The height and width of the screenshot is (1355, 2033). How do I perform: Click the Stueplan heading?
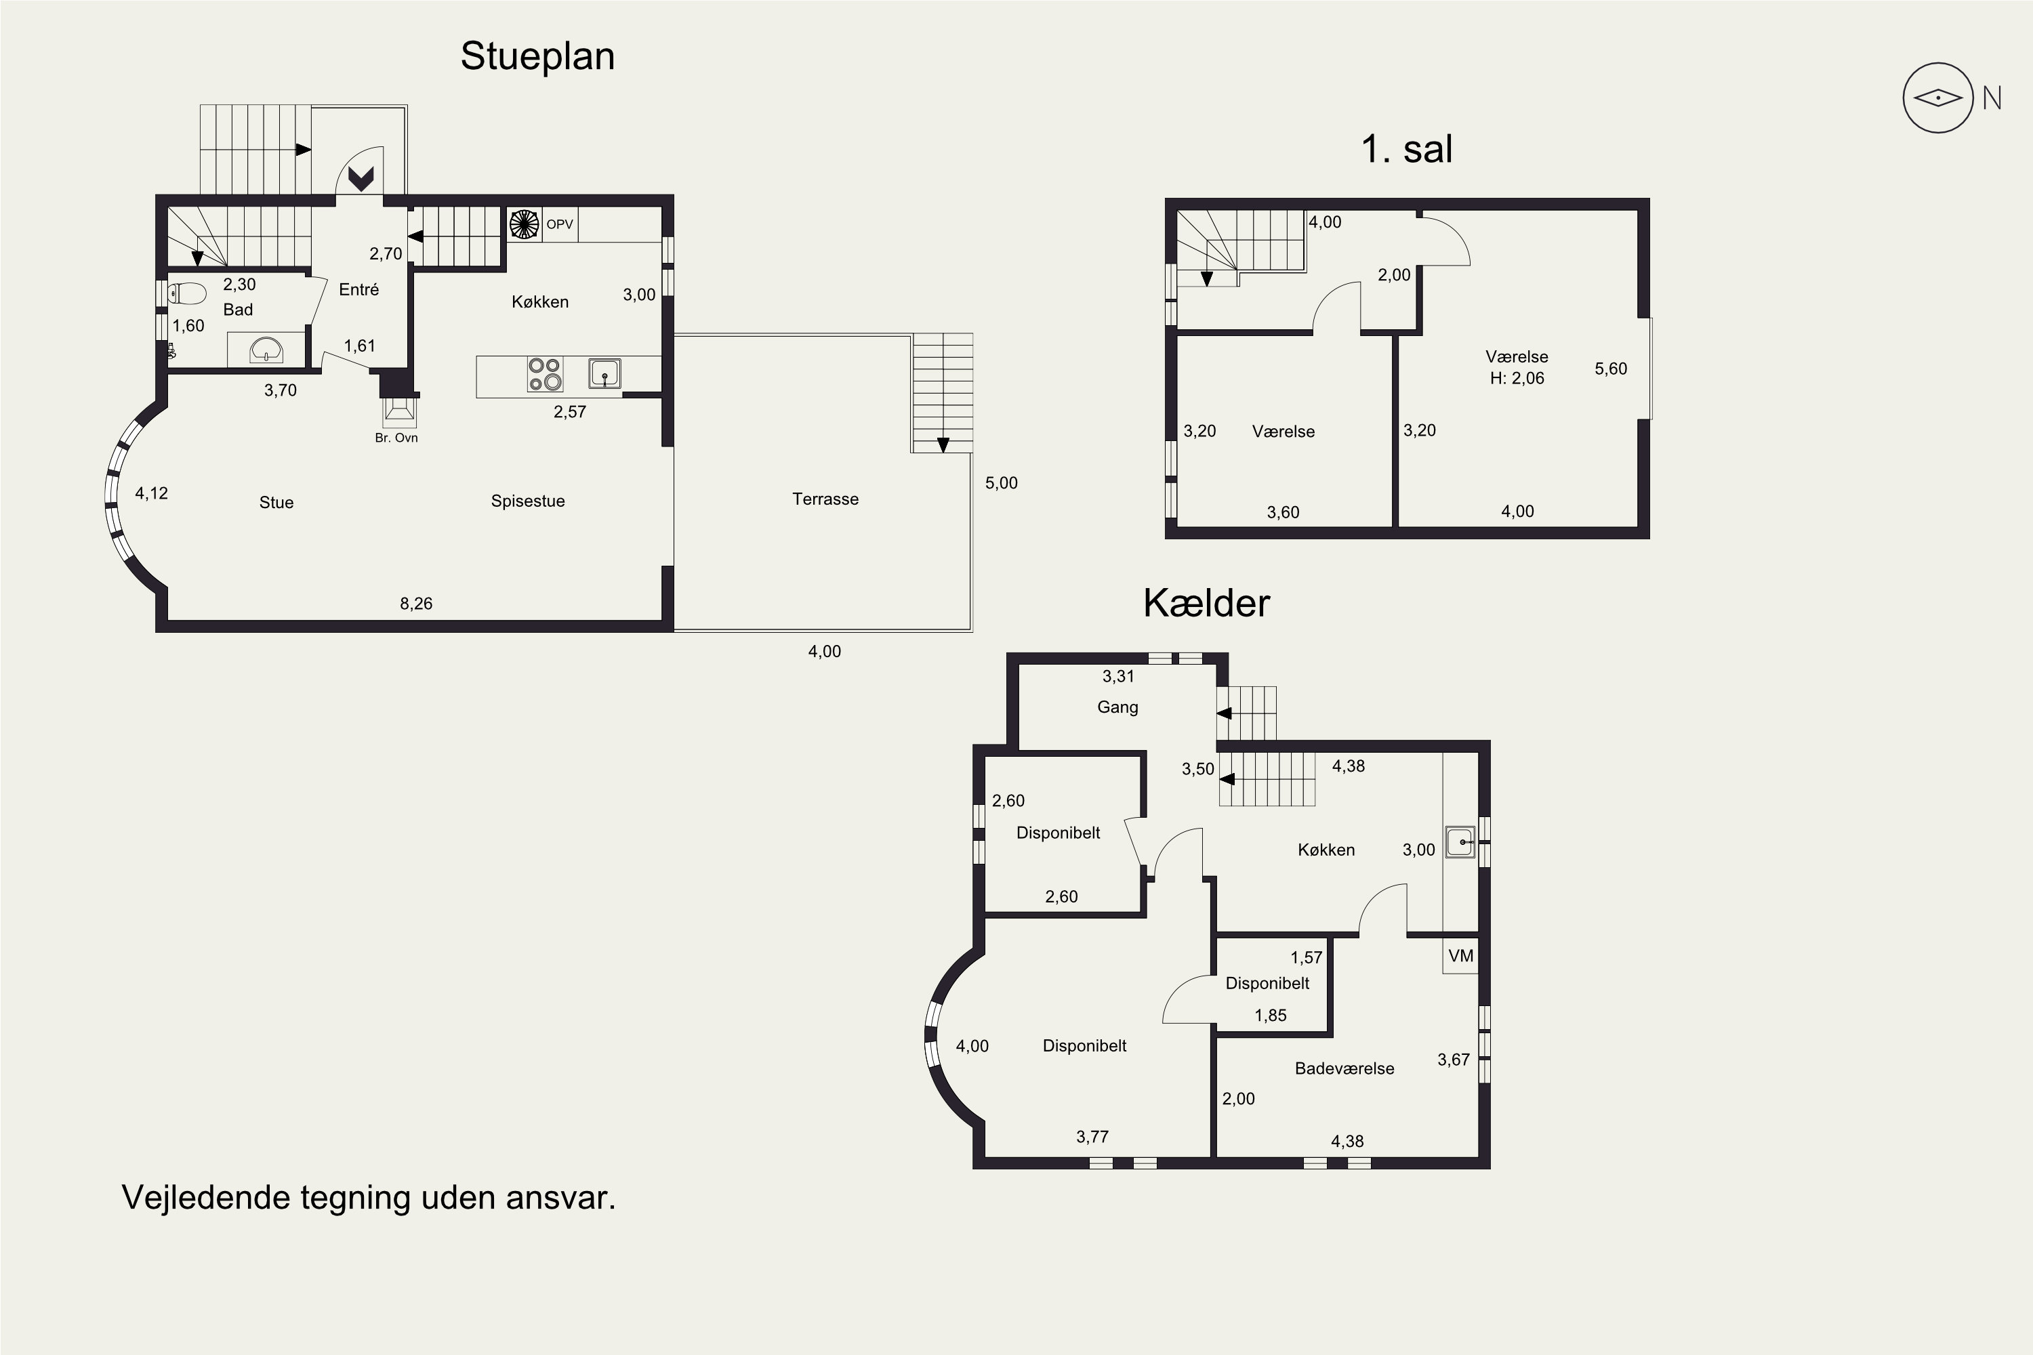pos(537,57)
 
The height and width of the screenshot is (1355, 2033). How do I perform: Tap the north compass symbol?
pos(1938,98)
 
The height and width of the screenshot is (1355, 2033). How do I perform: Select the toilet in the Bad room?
pos(187,294)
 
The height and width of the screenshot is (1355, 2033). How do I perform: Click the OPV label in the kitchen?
pos(559,225)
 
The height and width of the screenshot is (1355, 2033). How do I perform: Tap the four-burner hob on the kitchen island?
pos(545,374)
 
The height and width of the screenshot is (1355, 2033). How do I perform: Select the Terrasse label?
pos(825,499)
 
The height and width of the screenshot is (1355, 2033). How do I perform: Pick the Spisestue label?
pos(527,501)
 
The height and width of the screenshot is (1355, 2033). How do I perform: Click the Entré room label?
pos(358,289)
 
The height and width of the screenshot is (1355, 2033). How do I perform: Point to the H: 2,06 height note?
pos(1517,377)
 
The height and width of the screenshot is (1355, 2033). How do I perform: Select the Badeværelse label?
pos(1344,1069)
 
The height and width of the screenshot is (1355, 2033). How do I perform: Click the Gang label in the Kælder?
pos(1117,707)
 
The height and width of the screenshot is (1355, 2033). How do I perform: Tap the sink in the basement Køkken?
pos(1460,841)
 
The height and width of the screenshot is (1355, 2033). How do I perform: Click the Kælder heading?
pos(1207,603)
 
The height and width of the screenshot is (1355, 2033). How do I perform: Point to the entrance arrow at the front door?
pos(361,179)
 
